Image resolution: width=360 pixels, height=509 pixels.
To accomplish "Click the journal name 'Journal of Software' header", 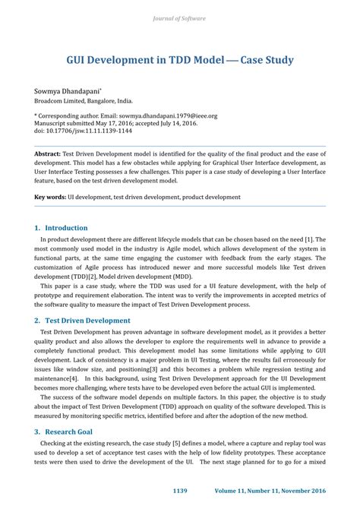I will (179, 17).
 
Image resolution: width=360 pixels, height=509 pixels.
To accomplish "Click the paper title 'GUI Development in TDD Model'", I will (144, 59).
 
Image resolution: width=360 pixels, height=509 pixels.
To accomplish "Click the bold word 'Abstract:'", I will (47, 153).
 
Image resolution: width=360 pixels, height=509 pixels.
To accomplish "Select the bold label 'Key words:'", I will (50, 197).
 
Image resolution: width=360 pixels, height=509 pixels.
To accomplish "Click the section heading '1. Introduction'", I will (62, 227).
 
